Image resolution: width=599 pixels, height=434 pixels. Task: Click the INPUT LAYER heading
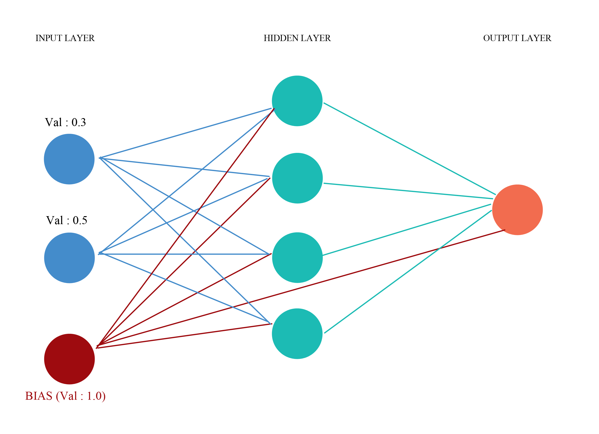click(65, 38)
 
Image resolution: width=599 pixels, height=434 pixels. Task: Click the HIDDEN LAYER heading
click(297, 38)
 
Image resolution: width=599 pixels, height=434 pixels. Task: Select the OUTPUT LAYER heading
click(517, 38)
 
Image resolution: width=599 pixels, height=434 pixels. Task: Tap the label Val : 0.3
click(65, 122)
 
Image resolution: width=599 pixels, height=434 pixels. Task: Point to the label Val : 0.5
click(67, 220)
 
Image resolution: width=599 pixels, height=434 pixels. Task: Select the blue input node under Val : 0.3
click(69, 159)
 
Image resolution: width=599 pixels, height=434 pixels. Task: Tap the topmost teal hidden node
click(297, 101)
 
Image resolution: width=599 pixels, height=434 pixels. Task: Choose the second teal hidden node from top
click(297, 178)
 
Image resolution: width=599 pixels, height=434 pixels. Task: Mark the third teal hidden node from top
click(297, 257)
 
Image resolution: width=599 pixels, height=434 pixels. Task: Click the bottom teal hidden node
click(297, 334)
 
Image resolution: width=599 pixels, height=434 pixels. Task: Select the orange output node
click(517, 210)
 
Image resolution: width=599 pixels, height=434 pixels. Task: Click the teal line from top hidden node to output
click(409, 149)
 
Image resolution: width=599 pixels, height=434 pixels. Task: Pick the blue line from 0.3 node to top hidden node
click(185, 133)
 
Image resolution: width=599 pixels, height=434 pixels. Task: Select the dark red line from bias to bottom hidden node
click(185, 336)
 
